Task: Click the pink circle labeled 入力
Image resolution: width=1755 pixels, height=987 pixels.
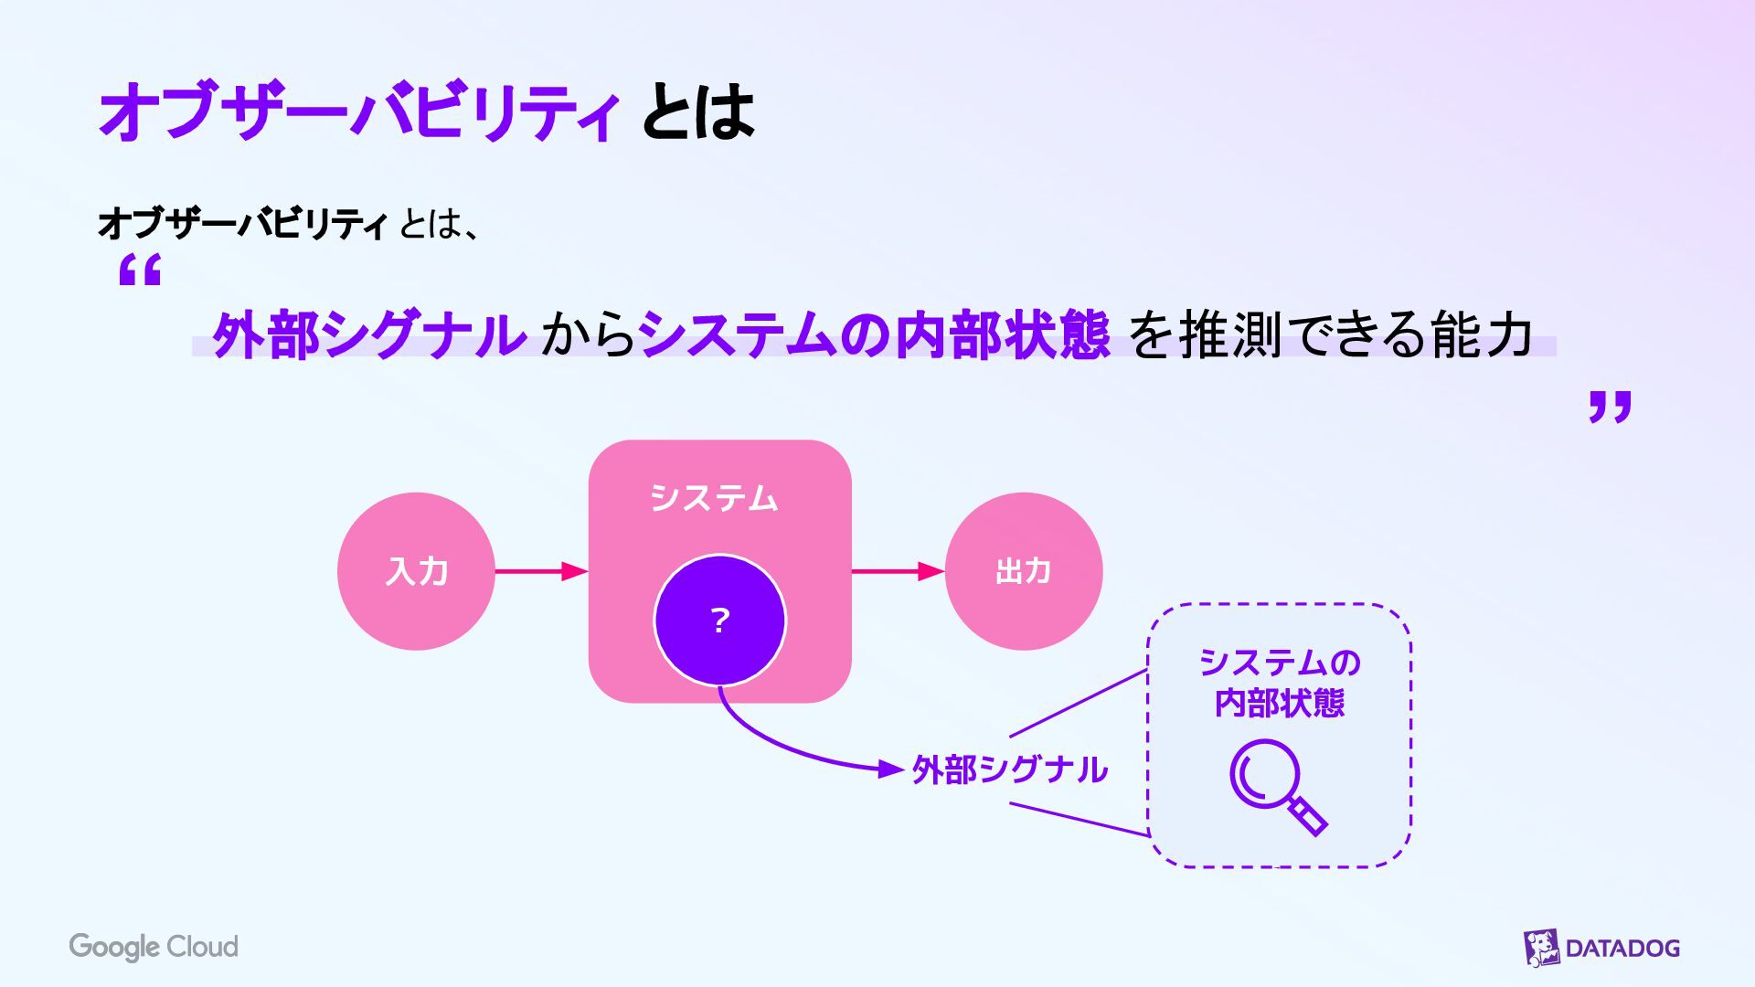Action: pos(416,571)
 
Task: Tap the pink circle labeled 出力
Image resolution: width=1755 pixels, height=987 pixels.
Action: pos(1023,571)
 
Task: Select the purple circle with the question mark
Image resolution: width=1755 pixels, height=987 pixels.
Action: pos(719,621)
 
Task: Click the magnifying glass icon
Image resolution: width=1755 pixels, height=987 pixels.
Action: pos(1277,785)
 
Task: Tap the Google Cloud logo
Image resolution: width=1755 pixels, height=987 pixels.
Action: pos(154,947)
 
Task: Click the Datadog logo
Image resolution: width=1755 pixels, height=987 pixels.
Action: pos(1601,948)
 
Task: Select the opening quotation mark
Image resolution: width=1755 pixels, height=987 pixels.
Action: pos(140,271)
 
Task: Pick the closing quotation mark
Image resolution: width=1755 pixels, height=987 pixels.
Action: pos(1610,407)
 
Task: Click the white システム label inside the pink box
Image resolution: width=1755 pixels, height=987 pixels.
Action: pos(714,498)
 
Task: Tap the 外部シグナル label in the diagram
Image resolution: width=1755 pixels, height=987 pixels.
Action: pos(1010,769)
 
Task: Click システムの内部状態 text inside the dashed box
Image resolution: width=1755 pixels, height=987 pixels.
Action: pos(1279,682)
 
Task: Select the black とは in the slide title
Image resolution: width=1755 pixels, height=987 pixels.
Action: pos(698,111)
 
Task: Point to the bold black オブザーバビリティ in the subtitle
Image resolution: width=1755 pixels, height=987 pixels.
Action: pos(242,223)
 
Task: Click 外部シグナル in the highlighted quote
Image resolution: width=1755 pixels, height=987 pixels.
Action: pos(368,334)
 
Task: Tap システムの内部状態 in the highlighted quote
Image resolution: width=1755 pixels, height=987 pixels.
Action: pos(873,334)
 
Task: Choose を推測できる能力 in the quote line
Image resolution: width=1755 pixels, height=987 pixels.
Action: pos(1331,334)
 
